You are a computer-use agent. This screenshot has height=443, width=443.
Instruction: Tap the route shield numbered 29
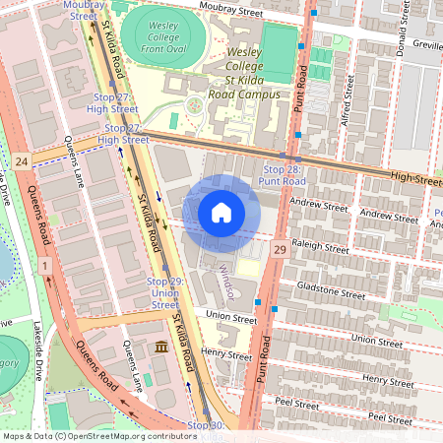pos(280,252)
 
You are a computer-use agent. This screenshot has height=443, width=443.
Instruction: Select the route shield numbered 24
pos(22,158)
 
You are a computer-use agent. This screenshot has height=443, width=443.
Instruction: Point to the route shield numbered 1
pos(44,265)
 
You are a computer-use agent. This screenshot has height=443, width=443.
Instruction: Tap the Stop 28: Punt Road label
pos(283,175)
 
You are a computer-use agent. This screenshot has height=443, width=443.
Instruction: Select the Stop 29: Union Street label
pos(163,292)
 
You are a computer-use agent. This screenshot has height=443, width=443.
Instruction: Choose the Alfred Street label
pos(347,97)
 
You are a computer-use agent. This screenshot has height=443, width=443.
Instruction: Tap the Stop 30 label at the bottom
pos(205,424)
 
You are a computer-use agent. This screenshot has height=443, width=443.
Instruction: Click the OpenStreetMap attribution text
pos(98,435)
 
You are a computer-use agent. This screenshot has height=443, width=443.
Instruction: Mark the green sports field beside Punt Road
pos(281,54)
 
